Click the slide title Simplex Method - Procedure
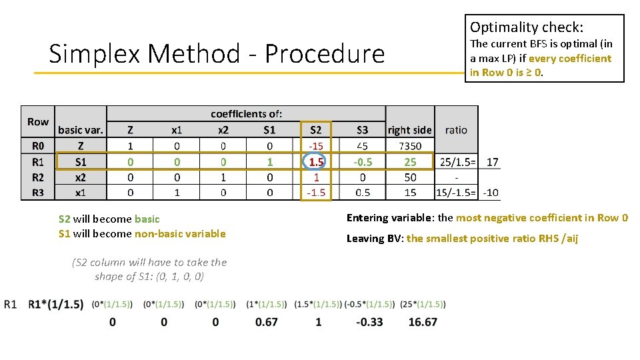[x=217, y=53]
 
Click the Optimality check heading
[x=526, y=27]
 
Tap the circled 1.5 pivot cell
[x=315, y=162]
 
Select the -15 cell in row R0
[x=315, y=146]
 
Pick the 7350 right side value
[x=410, y=146]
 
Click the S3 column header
[x=362, y=130]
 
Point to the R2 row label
[x=37, y=177]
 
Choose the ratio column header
[x=456, y=130]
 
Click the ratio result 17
[x=492, y=162]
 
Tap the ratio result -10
[x=491, y=193]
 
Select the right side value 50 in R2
[x=410, y=177]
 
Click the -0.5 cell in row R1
[x=362, y=162]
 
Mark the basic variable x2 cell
[x=80, y=177]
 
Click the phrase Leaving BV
[x=375, y=238]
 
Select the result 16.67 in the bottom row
[x=422, y=322]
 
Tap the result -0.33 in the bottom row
[x=369, y=322]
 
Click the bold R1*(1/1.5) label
[x=56, y=305]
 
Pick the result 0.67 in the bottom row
[x=267, y=322]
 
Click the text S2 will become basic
[x=109, y=219]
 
